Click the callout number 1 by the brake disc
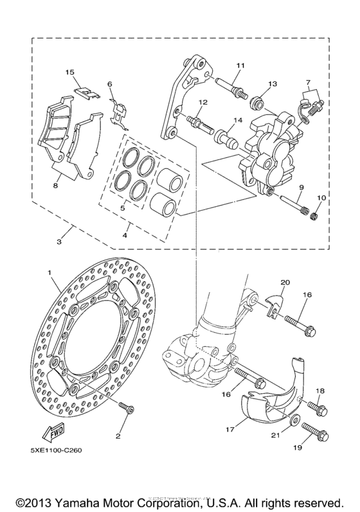coord(48,273)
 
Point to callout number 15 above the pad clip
coord(70,72)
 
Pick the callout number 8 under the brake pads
coord(55,184)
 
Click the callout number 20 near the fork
coord(285,282)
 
